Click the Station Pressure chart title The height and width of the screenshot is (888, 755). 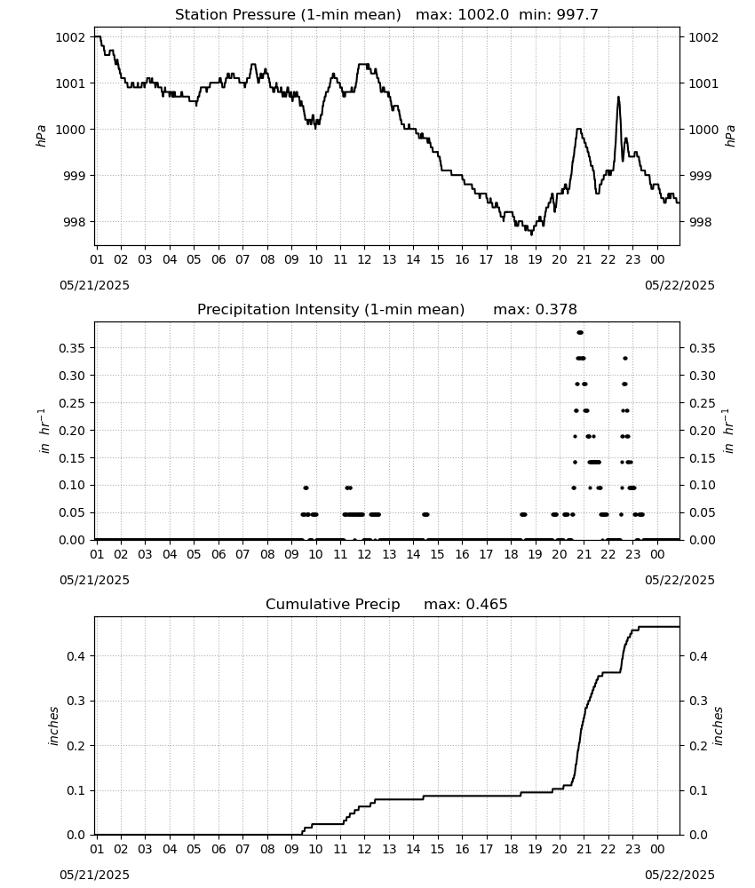[386, 14]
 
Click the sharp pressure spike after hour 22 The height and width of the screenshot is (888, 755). [618, 98]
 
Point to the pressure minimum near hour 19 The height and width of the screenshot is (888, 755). [531, 234]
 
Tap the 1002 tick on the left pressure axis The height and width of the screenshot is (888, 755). [71, 37]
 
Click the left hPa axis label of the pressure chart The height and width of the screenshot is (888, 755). [41, 136]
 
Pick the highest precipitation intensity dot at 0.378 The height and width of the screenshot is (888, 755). [579, 332]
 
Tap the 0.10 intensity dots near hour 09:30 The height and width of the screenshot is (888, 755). [306, 488]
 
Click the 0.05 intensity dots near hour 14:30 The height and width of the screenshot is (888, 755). [425, 514]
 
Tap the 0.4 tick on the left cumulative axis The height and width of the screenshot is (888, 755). [77, 656]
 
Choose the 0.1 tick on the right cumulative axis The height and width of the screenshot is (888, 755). [698, 790]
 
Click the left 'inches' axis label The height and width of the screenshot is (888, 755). [54, 725]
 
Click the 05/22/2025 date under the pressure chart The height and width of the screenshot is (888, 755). [679, 285]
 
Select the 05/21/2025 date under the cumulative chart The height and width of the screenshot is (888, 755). [94, 875]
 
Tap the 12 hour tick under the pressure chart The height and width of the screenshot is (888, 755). [364, 259]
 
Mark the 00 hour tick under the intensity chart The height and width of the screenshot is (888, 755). [657, 554]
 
